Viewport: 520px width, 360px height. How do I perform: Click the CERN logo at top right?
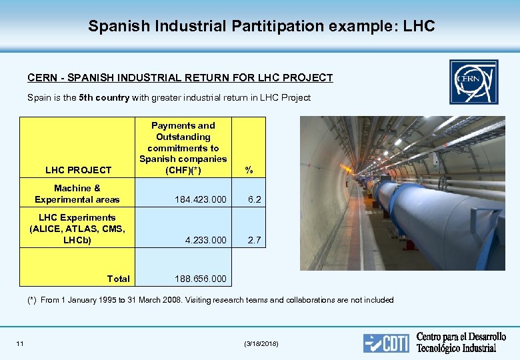[x=473, y=81]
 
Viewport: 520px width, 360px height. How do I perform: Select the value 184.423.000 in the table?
[x=200, y=199]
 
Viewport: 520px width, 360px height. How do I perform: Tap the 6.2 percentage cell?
[x=253, y=199]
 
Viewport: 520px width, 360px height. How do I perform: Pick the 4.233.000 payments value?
[x=205, y=240]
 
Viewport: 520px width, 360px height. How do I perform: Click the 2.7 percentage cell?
[x=253, y=240]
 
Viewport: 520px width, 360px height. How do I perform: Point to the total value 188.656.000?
[x=200, y=279]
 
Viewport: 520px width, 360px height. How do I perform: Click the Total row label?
[x=118, y=279]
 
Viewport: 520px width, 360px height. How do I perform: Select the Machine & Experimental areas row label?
[x=77, y=194]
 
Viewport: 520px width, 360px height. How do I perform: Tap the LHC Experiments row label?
[x=77, y=229]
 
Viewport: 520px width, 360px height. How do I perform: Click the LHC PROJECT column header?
[x=78, y=170]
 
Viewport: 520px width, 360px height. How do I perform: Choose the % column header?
[x=249, y=170]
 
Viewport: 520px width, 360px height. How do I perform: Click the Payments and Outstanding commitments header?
[x=183, y=147]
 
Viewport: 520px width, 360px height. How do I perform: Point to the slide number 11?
[x=20, y=343]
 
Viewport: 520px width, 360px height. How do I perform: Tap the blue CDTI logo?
[x=385, y=343]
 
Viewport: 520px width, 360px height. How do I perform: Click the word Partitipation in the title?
[x=278, y=26]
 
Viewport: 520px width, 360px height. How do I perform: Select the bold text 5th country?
[x=104, y=97]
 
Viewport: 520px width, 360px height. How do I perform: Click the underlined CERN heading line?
[x=180, y=78]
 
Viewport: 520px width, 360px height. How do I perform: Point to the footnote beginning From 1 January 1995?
[x=217, y=300]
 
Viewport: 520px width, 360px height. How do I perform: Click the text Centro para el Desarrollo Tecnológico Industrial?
[x=461, y=342]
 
